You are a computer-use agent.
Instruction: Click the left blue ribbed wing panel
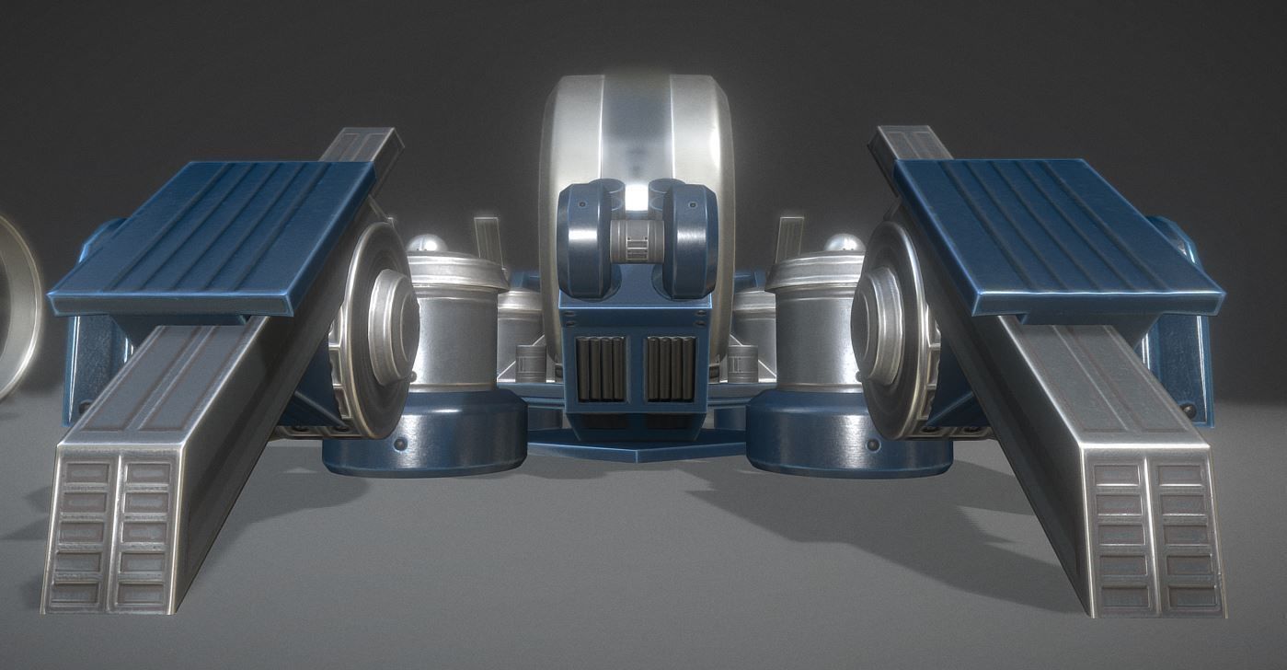(216, 235)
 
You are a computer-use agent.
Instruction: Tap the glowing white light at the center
(636, 197)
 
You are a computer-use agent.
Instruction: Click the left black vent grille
(602, 368)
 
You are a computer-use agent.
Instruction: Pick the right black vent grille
(671, 368)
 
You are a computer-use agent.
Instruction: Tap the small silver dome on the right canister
(843, 245)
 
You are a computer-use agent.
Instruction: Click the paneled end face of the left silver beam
(110, 534)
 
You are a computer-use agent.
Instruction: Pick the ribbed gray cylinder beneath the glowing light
(636, 240)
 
